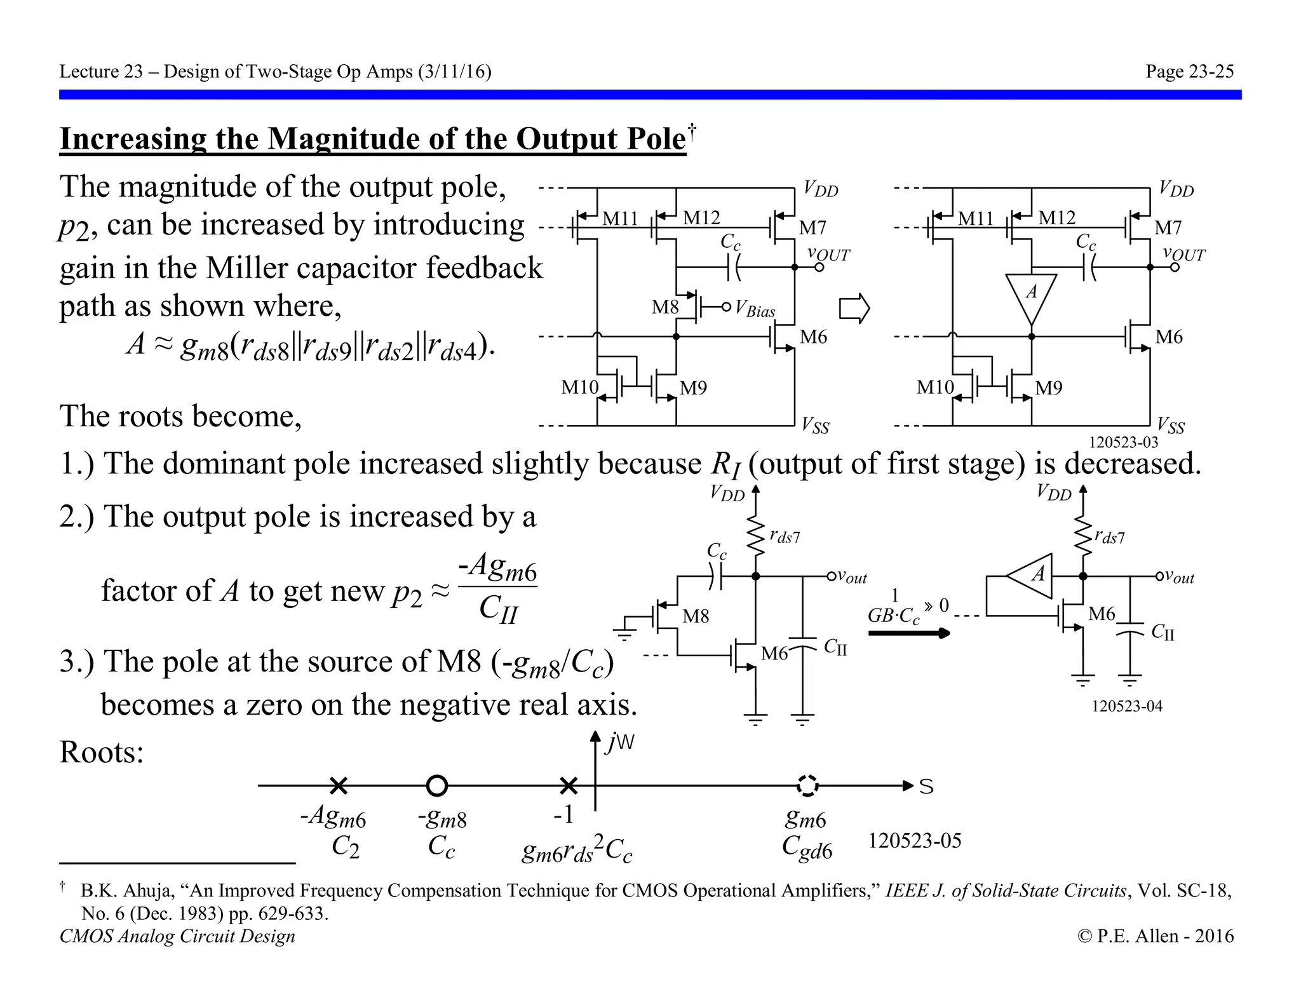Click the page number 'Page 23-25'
[1189, 71]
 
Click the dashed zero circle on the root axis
[807, 786]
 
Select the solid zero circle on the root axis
[436, 786]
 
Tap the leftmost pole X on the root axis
[339, 786]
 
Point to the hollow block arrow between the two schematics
[854, 309]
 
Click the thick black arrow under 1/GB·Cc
[908, 633]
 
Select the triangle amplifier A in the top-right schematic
[1031, 296]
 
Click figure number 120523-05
[915, 840]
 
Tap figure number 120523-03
[1124, 442]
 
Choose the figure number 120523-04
[1127, 706]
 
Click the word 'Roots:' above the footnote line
[102, 752]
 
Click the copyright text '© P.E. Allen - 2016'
[1156, 936]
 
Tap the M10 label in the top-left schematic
[579, 387]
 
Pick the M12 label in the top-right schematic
[1056, 218]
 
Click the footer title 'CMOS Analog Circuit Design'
[177, 936]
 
